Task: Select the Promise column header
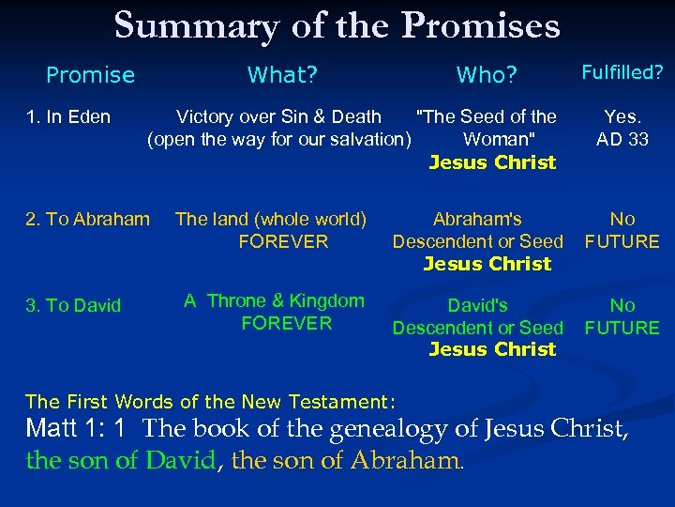90,75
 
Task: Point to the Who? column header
487,75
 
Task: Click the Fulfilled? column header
622,71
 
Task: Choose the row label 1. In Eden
68,117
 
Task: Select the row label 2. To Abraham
87,220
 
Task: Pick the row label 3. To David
73,305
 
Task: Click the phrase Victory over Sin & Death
278,117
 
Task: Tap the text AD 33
622,140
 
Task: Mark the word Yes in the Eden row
622,117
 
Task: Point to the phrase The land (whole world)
271,220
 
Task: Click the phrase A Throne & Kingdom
274,301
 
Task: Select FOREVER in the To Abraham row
283,242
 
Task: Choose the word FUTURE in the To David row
622,328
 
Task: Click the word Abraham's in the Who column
477,220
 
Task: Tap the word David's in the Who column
477,305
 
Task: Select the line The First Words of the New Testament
211,402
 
